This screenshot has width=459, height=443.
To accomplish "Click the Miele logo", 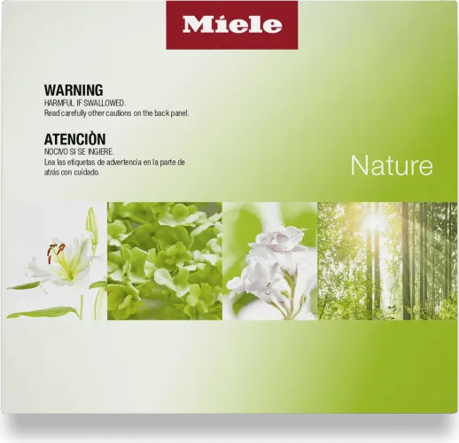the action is tap(232, 25).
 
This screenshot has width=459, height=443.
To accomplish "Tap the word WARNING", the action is tap(74, 90).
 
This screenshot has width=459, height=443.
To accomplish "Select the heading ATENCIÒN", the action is tap(74, 139).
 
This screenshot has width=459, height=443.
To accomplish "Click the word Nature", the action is tap(392, 166).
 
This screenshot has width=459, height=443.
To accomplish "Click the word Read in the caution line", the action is tap(52, 113).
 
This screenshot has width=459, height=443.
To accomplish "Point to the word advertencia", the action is tap(124, 162).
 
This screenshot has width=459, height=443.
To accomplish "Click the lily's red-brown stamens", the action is tap(55, 252).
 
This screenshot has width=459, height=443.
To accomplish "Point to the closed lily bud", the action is tap(92, 225).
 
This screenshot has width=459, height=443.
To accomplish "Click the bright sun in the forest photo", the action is tap(373, 220).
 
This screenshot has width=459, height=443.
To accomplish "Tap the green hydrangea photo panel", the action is tap(165, 260).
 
